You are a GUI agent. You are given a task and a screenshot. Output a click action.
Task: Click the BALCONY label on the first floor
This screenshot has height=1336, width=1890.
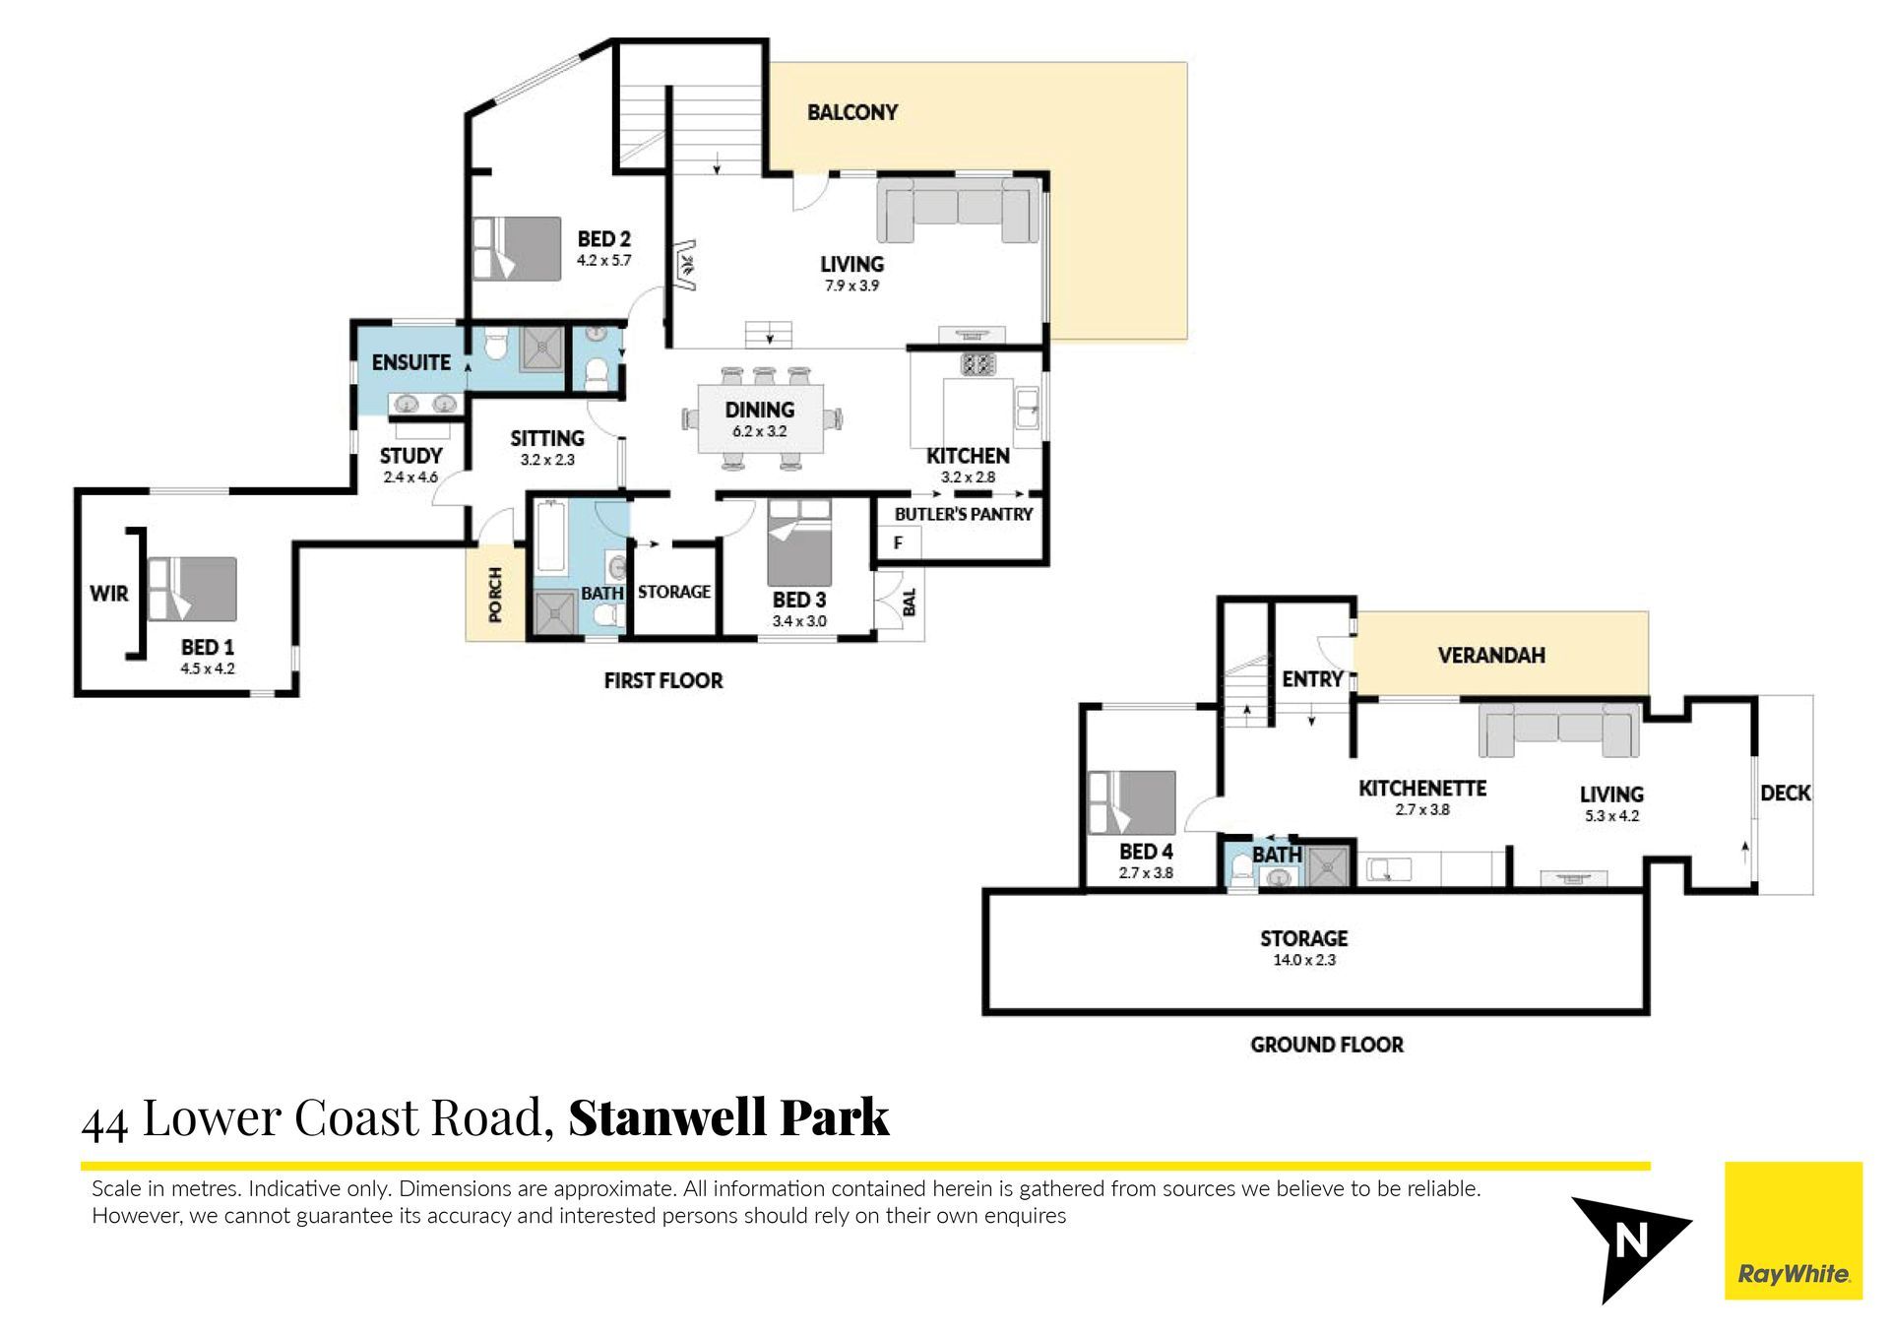852,112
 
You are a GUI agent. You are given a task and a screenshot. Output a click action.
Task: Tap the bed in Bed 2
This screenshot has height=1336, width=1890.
517,249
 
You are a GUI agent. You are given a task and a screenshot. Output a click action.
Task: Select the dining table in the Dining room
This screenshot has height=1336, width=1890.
760,418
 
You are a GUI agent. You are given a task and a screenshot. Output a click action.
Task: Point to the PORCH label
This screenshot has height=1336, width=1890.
495,595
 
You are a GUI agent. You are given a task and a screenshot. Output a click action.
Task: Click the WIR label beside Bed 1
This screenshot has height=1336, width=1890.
108,594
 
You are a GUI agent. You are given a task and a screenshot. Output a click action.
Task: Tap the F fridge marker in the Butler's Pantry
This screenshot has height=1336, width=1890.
898,542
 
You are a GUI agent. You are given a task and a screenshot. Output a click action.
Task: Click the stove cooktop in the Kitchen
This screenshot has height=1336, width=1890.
977,365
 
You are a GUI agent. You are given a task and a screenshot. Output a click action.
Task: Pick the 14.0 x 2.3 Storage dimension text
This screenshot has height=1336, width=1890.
1304,960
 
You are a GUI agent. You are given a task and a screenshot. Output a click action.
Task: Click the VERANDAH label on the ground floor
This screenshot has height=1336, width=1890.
1491,656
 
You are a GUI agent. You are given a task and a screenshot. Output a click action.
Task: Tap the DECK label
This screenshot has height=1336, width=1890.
1786,794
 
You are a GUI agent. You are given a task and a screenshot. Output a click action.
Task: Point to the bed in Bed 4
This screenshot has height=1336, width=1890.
1132,803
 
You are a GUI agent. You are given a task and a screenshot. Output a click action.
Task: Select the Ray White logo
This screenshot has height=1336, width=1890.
1794,1231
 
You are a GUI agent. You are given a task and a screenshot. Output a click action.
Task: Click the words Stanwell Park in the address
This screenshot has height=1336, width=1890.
729,1117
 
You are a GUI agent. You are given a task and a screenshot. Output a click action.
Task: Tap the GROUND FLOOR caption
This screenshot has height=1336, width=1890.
1327,1045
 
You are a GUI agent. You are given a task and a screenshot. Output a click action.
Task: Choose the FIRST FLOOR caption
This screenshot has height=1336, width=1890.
663,680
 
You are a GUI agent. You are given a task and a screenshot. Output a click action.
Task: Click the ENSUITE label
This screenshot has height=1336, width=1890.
410,362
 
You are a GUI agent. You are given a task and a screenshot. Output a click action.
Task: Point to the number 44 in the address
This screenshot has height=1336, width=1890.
104,1123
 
